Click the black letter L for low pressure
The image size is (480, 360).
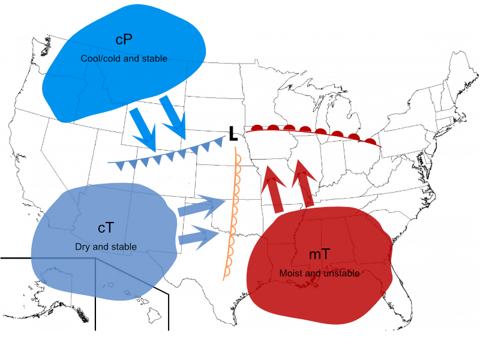tap(233, 134)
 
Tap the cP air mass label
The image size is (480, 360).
tap(124, 40)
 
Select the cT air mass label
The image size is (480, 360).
tap(106, 228)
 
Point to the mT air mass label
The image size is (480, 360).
tap(319, 254)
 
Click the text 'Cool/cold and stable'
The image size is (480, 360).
tap(124, 58)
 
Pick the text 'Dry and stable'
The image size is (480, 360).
tap(106, 247)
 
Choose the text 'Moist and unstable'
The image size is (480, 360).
tap(319, 273)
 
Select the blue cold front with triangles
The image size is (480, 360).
tap(167, 152)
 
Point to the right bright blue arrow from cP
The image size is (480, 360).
tap(173, 117)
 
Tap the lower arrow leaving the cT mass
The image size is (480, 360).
tap(199, 236)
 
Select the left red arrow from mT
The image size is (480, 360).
tap(273, 189)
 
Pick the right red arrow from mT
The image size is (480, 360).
tap(304, 184)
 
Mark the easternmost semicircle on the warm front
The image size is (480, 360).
tap(371, 142)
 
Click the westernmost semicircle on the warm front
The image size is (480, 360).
tap(257, 128)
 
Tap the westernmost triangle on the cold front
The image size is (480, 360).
tap(121, 166)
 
